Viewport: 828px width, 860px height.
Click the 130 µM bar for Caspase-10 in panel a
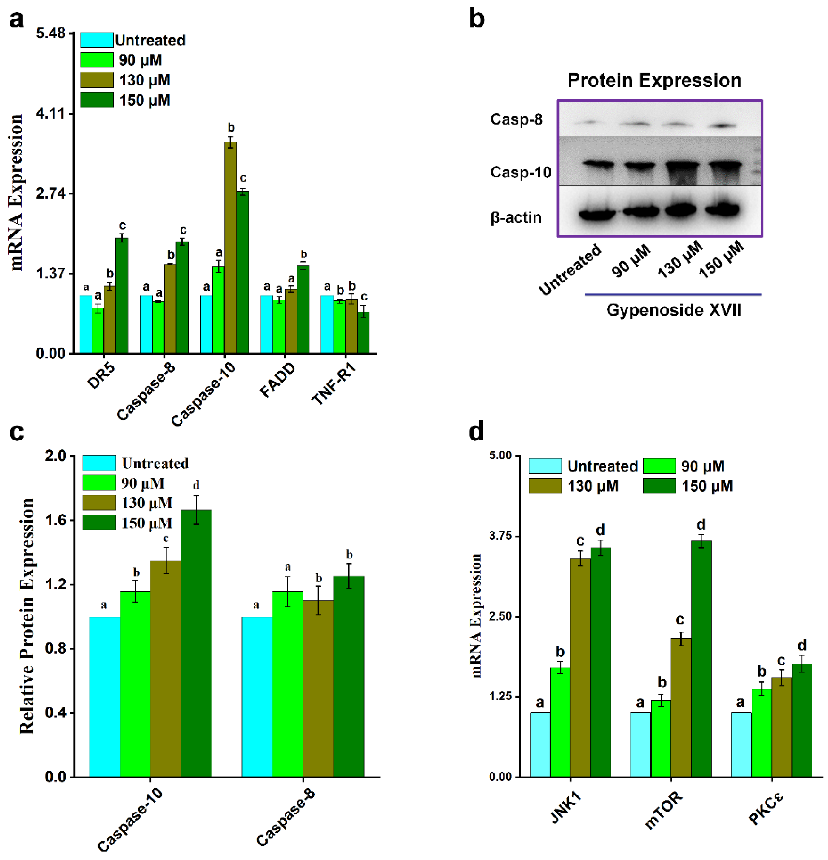pyautogui.click(x=230, y=248)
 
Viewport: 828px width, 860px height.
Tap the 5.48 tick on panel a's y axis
pyautogui.click(x=51, y=33)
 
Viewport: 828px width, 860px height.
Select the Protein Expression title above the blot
pyautogui.click(x=654, y=81)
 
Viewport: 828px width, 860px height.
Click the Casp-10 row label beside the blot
pyautogui.click(x=520, y=172)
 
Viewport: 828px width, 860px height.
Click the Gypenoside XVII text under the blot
pyautogui.click(x=674, y=310)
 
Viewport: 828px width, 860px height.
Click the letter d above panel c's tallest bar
pyautogui.click(x=196, y=485)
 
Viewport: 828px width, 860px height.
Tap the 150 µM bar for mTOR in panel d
pyautogui.click(x=701, y=658)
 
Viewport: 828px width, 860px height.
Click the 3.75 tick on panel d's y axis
pyautogui.click(x=501, y=536)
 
